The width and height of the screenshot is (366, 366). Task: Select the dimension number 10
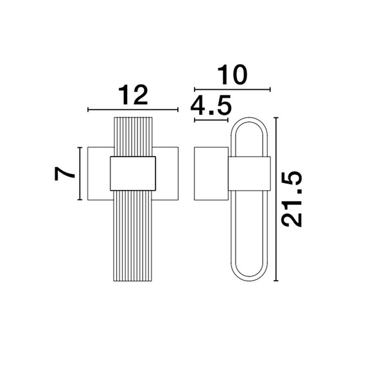[x=232, y=74]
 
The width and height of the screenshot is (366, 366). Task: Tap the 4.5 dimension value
[x=211, y=105]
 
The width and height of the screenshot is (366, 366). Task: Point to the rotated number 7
[x=64, y=173]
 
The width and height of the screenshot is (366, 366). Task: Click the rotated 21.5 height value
[x=292, y=199]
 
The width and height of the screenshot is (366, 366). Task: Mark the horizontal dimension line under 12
[x=133, y=109]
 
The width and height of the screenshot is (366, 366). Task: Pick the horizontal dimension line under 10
[x=232, y=89]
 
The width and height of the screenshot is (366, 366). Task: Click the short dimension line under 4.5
[x=211, y=120]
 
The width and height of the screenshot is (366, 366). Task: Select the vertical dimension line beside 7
[x=80, y=173]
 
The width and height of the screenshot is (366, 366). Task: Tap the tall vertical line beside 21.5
[x=276, y=199]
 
